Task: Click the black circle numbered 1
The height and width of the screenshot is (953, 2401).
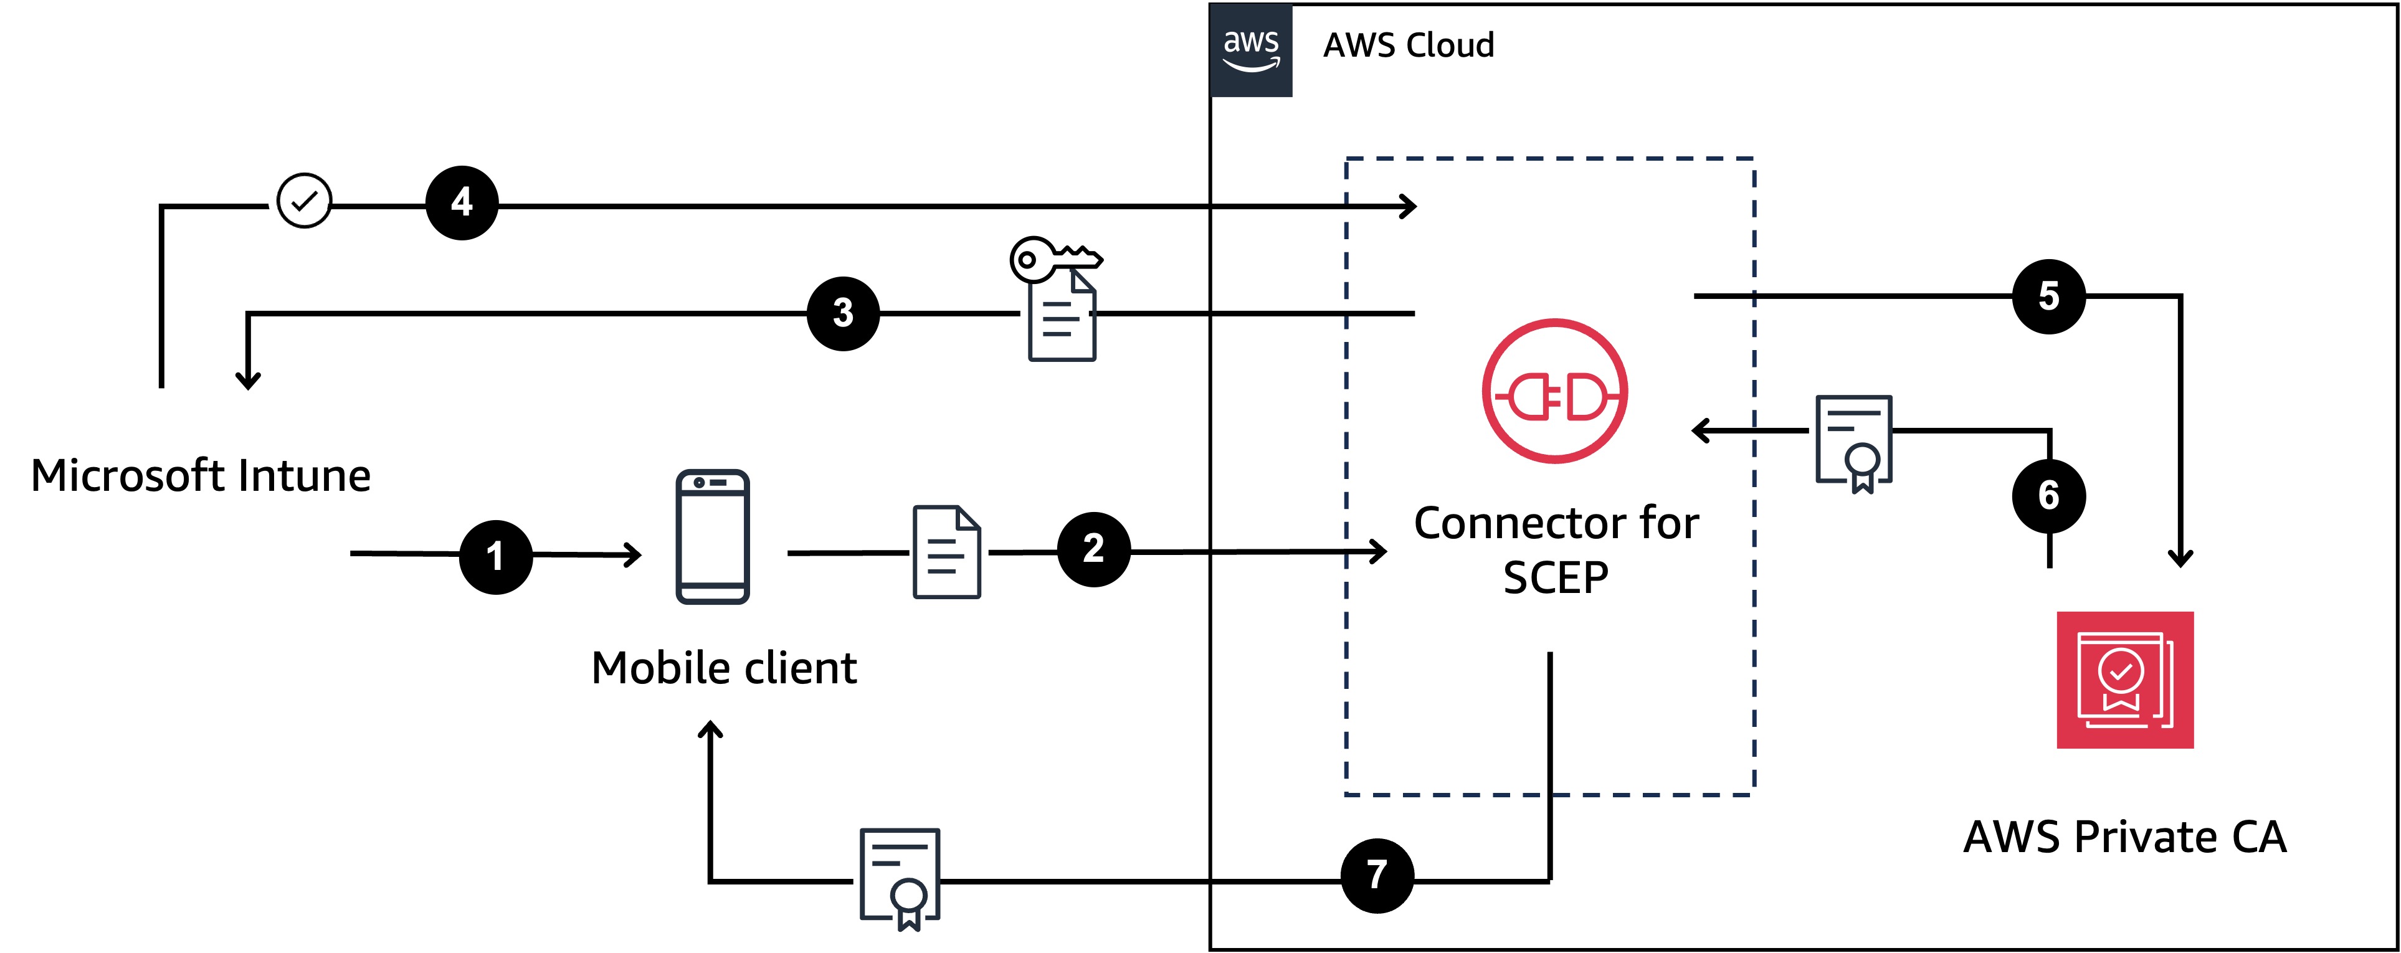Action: click(496, 556)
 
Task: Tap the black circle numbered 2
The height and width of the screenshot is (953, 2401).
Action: click(1093, 549)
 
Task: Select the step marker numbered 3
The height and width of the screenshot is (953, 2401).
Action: click(842, 313)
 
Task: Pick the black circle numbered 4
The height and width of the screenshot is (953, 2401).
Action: click(462, 202)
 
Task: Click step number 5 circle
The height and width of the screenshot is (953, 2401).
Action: click(2048, 296)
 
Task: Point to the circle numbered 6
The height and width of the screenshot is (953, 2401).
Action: click(2048, 495)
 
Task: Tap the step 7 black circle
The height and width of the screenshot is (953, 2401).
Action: click(1377, 875)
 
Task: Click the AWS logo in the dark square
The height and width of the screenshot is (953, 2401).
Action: click(1251, 49)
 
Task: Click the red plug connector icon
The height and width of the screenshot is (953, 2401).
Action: click(1555, 391)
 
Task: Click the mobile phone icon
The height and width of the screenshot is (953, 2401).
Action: click(712, 536)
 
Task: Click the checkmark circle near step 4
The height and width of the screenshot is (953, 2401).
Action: click(304, 201)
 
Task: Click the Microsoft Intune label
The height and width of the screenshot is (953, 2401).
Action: click(201, 475)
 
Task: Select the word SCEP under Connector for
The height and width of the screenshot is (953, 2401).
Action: click(1555, 577)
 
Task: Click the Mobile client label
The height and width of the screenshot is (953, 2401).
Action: click(723, 668)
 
